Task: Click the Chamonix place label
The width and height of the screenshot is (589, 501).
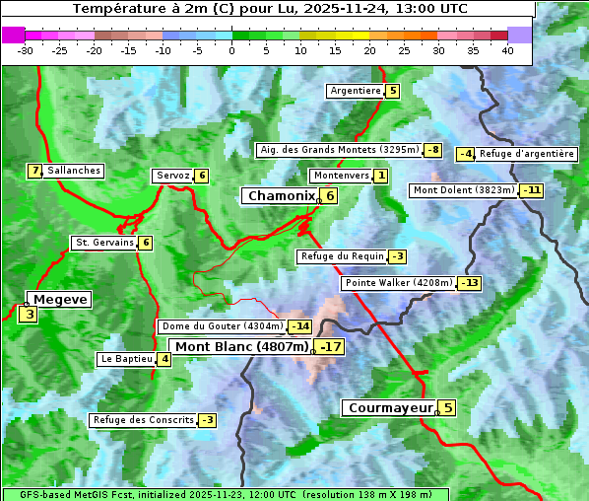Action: point(281,196)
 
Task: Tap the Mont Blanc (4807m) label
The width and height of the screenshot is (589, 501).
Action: point(241,347)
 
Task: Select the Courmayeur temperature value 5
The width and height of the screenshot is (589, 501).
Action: point(447,407)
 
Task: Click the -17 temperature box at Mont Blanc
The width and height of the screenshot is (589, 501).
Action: point(330,347)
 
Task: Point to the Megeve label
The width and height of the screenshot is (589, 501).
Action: point(60,299)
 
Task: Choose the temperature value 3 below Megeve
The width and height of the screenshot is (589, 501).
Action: point(29,316)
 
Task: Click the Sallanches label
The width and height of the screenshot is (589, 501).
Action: point(73,171)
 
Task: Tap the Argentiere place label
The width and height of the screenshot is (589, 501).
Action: point(356,91)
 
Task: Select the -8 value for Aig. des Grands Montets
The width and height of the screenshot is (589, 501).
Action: point(432,150)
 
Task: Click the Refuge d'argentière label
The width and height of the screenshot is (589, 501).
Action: point(526,154)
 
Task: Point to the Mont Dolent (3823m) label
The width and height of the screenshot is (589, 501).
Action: point(464,190)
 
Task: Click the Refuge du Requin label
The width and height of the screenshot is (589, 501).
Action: point(342,256)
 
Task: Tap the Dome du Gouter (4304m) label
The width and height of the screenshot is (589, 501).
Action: point(223,326)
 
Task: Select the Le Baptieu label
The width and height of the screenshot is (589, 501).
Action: point(126,359)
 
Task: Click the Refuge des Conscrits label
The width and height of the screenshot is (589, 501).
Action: point(143,420)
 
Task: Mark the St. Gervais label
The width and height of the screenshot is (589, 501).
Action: point(104,243)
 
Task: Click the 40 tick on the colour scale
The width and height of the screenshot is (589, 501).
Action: point(507,50)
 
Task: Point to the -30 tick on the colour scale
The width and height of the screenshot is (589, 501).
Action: point(26,50)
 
